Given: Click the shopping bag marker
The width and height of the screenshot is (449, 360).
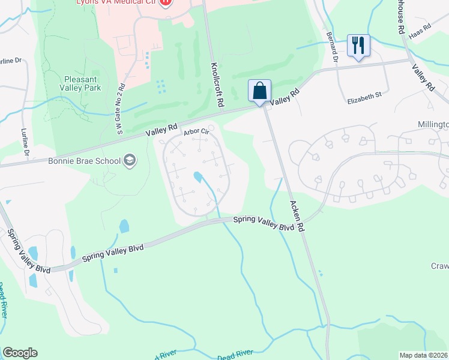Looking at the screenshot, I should pos(259,92).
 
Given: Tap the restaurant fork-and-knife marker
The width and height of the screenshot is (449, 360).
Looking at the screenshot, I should pos(358,46).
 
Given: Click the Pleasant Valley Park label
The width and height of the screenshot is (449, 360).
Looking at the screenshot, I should pos(83,83).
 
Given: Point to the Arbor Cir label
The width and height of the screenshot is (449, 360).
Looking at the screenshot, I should pos(196,131).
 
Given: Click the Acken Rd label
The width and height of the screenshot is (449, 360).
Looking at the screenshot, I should pos(297,216).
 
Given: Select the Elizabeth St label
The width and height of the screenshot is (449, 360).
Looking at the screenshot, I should pos(364,95).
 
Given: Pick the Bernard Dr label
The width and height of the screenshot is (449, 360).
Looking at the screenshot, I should pos(334,50).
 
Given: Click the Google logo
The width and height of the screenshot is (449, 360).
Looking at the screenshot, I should pos(20,353).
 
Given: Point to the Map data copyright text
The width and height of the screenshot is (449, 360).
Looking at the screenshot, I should pos(424,355).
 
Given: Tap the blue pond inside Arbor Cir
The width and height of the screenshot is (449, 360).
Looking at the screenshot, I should pos(198,177).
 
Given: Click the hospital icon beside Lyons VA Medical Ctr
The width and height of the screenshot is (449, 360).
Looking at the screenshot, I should pos(166,2).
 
